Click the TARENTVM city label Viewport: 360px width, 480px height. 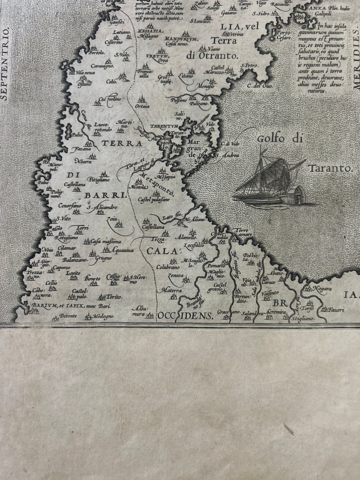click(x=163, y=127)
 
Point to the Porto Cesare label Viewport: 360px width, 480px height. click(x=284, y=35)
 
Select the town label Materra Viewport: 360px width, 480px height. click(x=171, y=290)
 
